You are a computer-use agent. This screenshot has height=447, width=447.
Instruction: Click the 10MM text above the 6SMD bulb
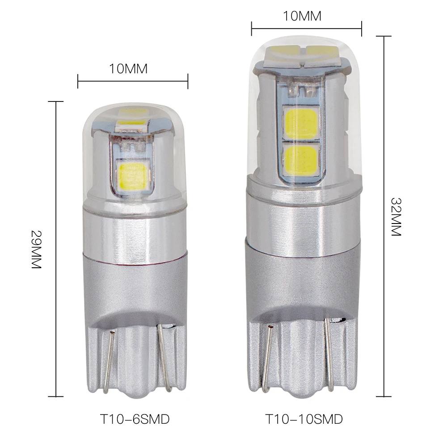pos(128,69)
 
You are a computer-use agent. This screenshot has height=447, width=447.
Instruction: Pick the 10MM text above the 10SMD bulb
pos(302,16)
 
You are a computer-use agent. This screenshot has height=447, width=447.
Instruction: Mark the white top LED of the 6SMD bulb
pos(132,122)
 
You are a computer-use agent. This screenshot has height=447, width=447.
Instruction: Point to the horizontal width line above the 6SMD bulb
pos(133,81)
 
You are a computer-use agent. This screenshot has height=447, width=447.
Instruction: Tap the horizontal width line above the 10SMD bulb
pos(306,29)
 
